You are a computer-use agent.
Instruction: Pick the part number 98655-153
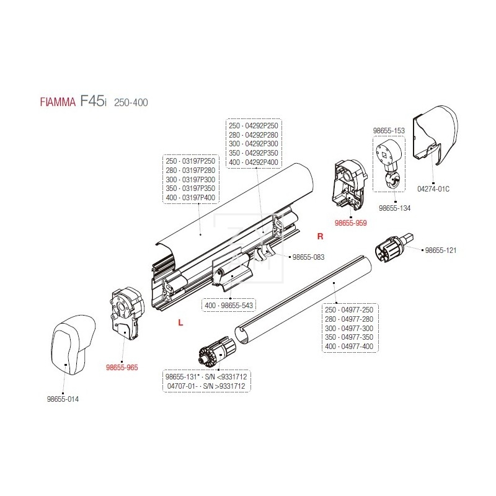point(388,131)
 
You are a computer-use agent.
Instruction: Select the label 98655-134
point(394,208)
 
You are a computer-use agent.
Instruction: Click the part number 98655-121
point(441,250)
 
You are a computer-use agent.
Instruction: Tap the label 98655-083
point(308,257)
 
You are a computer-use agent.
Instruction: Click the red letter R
point(320,237)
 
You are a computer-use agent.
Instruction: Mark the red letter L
point(180,322)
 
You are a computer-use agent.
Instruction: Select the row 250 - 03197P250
point(191,161)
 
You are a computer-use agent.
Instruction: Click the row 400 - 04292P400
point(254,162)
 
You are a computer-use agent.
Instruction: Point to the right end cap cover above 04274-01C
point(441,133)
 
